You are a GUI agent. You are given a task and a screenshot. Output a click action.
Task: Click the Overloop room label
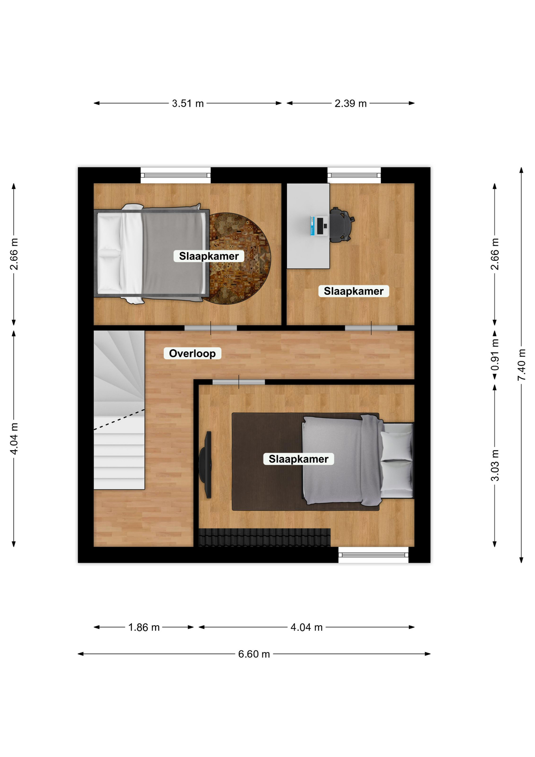[192, 353]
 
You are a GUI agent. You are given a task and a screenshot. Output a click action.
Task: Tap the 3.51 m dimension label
[188, 103]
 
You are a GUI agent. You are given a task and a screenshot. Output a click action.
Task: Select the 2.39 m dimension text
[351, 103]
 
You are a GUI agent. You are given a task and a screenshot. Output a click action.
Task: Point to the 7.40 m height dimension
[521, 365]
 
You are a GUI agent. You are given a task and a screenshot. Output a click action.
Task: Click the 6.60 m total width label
[254, 654]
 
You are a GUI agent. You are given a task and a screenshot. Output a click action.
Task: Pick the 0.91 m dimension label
[495, 355]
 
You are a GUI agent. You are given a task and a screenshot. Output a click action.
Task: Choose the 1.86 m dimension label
[144, 627]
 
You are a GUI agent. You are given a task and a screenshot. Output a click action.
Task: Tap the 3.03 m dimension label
[495, 465]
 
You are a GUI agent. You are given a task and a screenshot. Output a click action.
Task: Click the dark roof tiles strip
[264, 537]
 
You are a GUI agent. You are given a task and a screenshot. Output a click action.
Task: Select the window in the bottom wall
[373, 555]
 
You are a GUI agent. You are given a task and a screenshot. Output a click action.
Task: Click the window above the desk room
[354, 175]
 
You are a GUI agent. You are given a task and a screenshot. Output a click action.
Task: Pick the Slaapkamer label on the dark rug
[299, 459]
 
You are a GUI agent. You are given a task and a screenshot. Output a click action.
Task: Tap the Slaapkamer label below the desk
[354, 291]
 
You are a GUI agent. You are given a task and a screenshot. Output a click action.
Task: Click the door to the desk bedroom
[371, 328]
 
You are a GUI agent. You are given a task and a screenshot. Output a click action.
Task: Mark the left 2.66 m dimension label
[14, 254]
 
